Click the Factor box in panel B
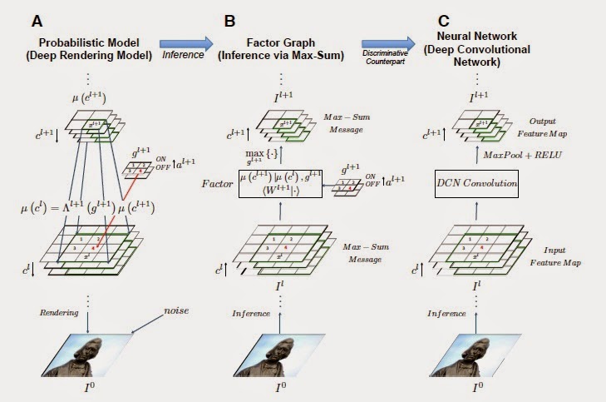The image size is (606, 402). (x=281, y=182)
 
